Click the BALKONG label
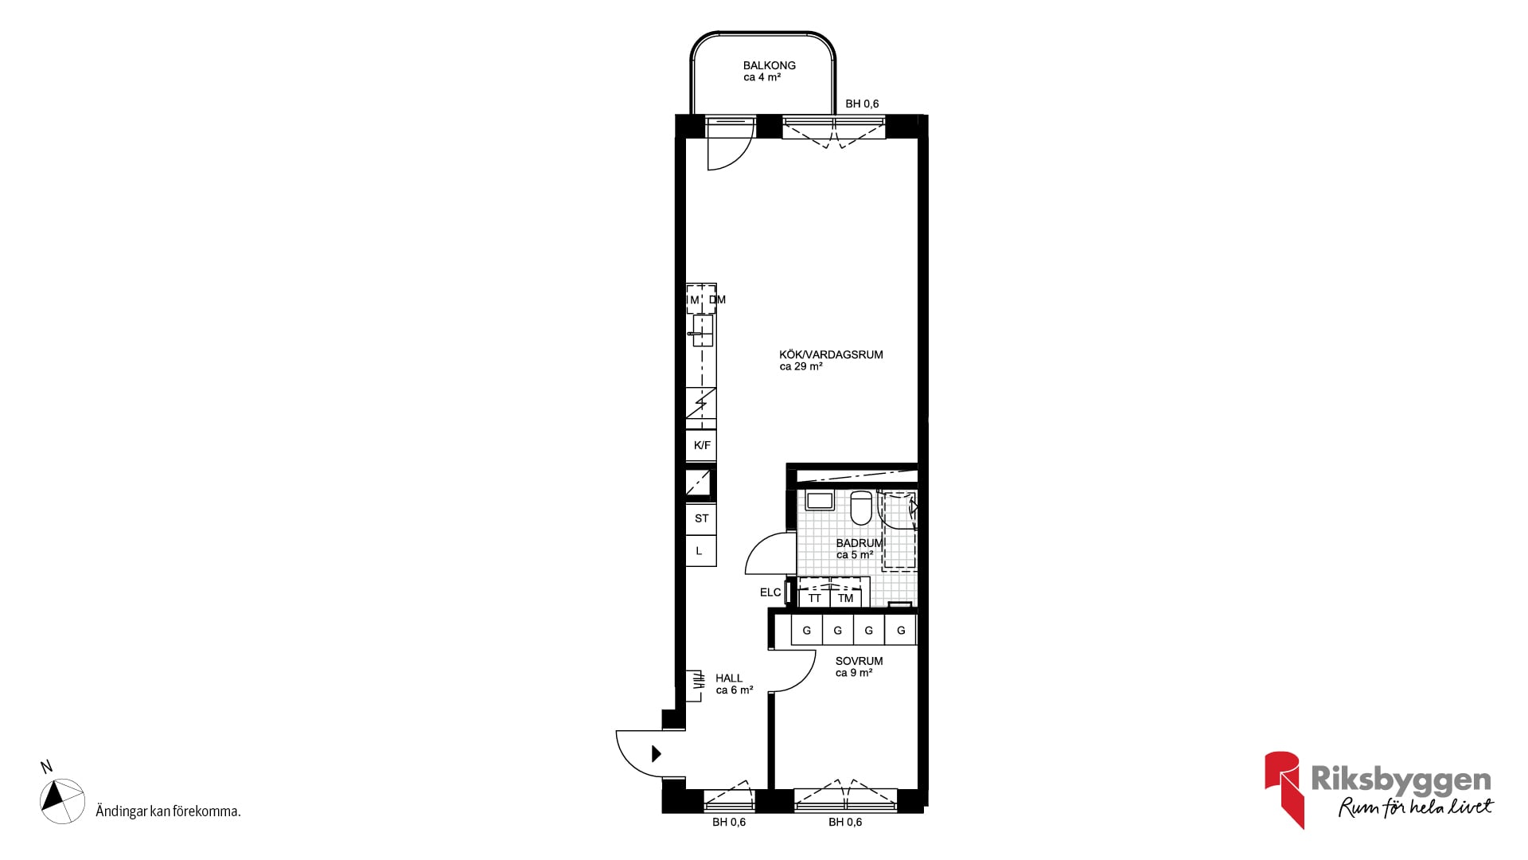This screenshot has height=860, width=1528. pos(769,65)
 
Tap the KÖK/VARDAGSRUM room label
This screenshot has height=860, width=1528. pos(831,354)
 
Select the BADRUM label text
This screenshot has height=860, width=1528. pos(859,543)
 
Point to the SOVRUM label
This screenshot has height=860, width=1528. pos(859,661)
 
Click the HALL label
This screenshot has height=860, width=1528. pos(728,678)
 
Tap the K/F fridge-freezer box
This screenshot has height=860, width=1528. pos(701,445)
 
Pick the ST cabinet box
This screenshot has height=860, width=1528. pos(701,518)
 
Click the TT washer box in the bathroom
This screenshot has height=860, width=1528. pos(814,598)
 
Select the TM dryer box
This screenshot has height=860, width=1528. pos(845,598)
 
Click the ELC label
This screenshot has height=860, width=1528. pos(770,592)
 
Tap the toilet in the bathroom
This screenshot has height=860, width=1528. pos(860,508)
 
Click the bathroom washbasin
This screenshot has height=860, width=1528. pos(819,500)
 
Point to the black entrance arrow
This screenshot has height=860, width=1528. pos(657,753)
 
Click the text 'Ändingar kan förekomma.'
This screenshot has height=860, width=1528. pos(168,811)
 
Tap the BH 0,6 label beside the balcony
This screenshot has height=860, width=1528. pos(862,104)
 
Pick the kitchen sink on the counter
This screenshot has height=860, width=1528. pos(702,330)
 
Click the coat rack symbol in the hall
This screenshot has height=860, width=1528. pos(695,686)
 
